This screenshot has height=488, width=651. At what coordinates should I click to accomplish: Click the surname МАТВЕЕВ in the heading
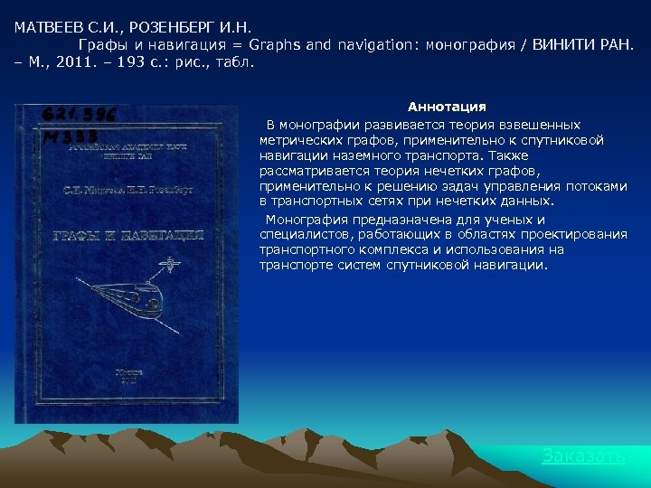[x=48, y=27]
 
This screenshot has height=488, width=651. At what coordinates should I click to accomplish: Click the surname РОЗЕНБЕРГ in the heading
[x=162, y=27]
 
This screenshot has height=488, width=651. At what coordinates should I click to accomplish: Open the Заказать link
[x=583, y=456]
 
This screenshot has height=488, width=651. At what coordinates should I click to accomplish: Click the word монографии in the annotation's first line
[x=319, y=125]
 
